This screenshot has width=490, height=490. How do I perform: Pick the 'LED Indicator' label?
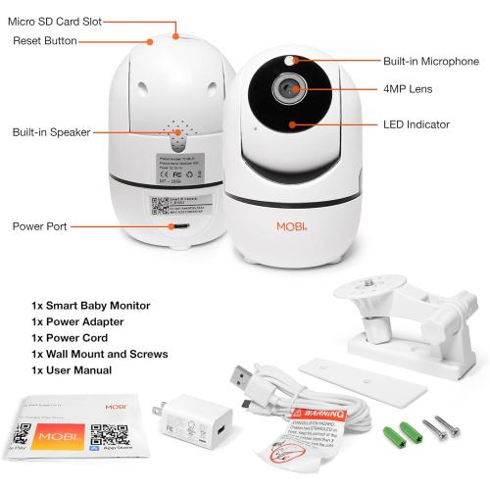[416, 124]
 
